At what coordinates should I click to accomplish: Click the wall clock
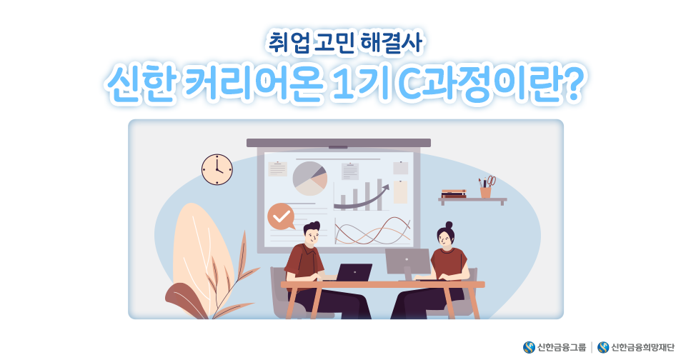pos(217,169)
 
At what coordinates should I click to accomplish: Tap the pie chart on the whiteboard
pos(309,179)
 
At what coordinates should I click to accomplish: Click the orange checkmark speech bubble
pos(281,216)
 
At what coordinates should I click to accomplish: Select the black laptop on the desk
pos(354,273)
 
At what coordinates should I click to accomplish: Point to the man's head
pos(312,234)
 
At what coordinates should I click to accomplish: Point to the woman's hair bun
pos(449,225)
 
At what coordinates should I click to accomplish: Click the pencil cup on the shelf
pos(486,191)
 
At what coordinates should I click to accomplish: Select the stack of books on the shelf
pos(454,194)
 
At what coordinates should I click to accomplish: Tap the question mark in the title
pos(572,83)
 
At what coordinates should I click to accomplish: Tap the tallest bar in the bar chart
pos(379,194)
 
